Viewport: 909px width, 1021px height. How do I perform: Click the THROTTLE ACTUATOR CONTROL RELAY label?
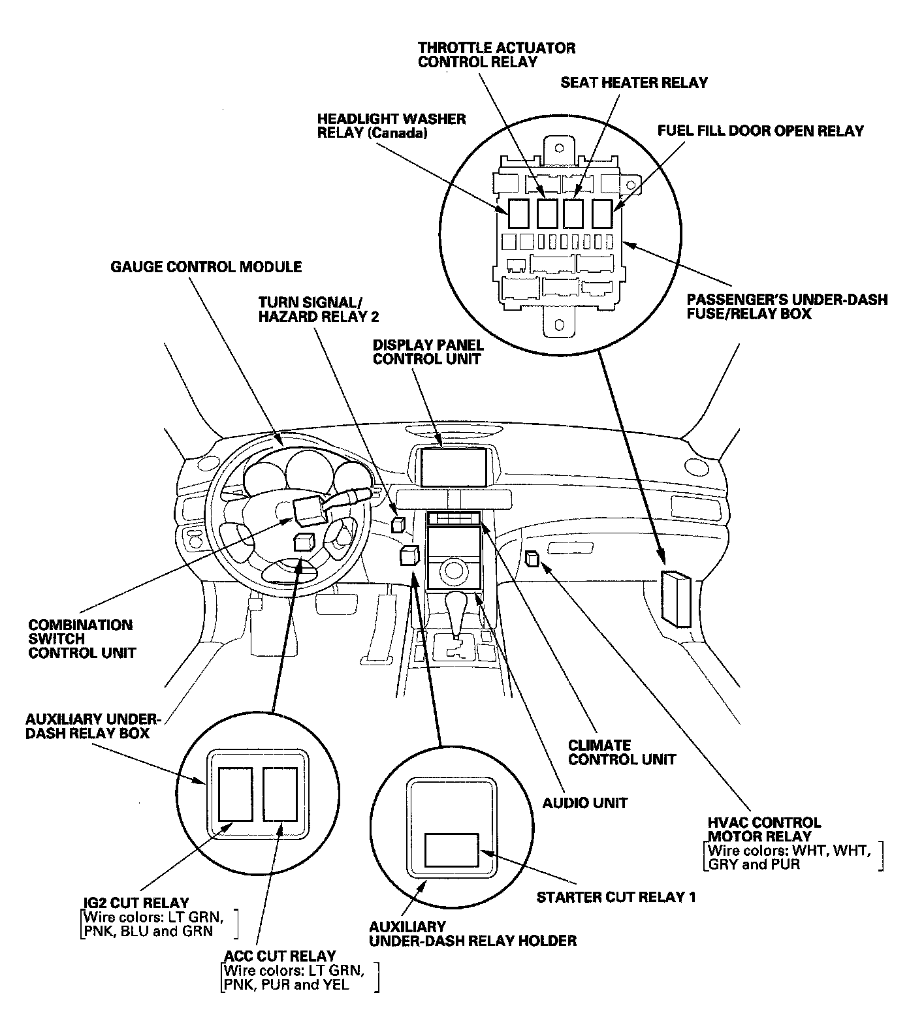496,55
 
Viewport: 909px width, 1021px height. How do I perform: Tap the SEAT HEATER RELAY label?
633,83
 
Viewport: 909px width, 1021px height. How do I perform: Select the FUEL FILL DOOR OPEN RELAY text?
760,131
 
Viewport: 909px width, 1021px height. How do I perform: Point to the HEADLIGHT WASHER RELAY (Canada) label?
391,126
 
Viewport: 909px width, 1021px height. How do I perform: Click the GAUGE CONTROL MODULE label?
206,267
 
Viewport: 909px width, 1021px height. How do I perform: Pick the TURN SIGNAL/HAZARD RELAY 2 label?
318,309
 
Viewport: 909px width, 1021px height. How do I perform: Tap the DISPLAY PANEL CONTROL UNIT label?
428,352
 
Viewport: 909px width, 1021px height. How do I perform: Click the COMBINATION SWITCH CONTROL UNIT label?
82,639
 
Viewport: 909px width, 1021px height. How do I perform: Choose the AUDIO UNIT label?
584,803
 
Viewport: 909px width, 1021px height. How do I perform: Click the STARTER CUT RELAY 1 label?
616,897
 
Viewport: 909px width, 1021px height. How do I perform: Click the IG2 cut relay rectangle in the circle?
235,794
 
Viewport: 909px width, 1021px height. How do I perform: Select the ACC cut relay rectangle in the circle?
280,794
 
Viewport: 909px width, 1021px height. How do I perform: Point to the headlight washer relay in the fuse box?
519,213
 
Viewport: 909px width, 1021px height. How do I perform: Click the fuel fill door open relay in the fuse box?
602,213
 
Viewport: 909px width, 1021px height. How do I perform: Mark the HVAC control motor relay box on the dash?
532,558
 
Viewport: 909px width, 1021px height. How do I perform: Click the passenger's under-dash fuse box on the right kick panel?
676,597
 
